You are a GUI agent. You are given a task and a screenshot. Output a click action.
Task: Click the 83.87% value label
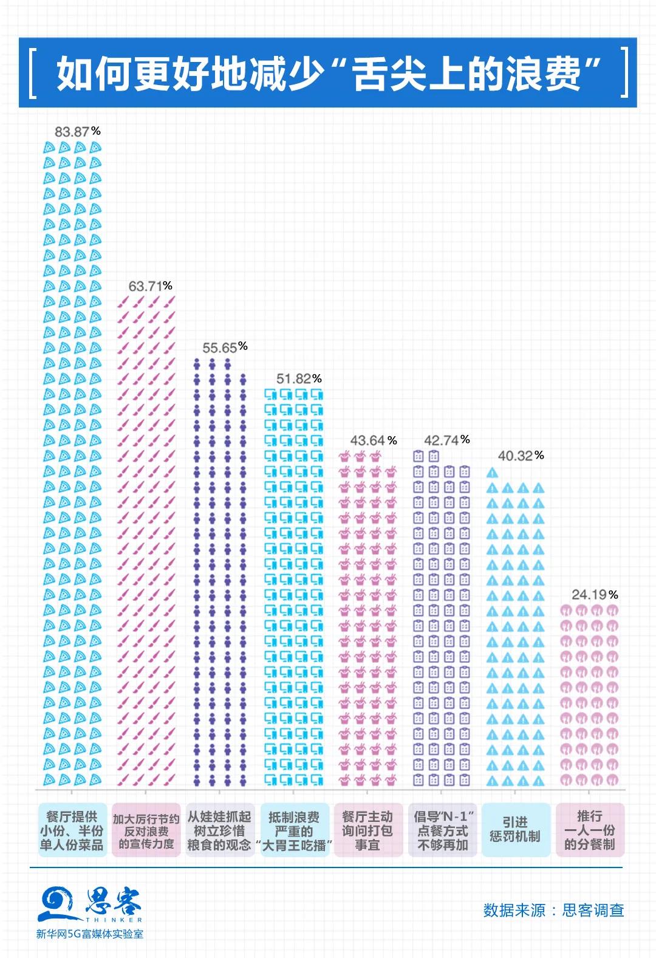click(x=77, y=131)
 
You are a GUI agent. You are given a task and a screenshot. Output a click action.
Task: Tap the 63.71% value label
click(x=150, y=286)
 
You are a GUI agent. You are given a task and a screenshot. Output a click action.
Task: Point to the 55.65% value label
click(x=225, y=347)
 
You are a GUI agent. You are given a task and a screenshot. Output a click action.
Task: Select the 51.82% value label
click(x=298, y=379)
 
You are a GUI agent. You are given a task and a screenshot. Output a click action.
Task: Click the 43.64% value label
click(x=373, y=440)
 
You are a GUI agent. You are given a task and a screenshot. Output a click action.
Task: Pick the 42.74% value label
click(x=446, y=440)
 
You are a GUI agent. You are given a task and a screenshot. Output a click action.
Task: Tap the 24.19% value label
click(x=594, y=595)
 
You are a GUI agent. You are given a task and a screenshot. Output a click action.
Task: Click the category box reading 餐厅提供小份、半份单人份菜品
click(x=72, y=830)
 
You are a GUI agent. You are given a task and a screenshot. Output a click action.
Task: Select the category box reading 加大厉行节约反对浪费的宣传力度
click(x=146, y=830)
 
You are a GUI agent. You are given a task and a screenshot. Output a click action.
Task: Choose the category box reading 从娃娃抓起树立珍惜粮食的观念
click(x=219, y=830)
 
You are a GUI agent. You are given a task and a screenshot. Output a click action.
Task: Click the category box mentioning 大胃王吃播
click(x=294, y=830)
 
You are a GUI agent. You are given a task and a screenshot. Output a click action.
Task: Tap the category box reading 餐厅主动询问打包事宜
click(x=367, y=830)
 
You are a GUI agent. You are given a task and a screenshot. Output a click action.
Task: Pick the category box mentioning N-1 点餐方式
click(x=443, y=830)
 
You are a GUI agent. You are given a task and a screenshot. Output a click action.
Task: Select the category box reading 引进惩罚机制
click(x=515, y=830)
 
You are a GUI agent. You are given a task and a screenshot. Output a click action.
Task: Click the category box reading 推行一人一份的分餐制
click(x=590, y=830)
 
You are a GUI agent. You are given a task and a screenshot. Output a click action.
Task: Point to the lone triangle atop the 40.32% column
click(x=493, y=473)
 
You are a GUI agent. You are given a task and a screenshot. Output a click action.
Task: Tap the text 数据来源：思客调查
click(x=553, y=910)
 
